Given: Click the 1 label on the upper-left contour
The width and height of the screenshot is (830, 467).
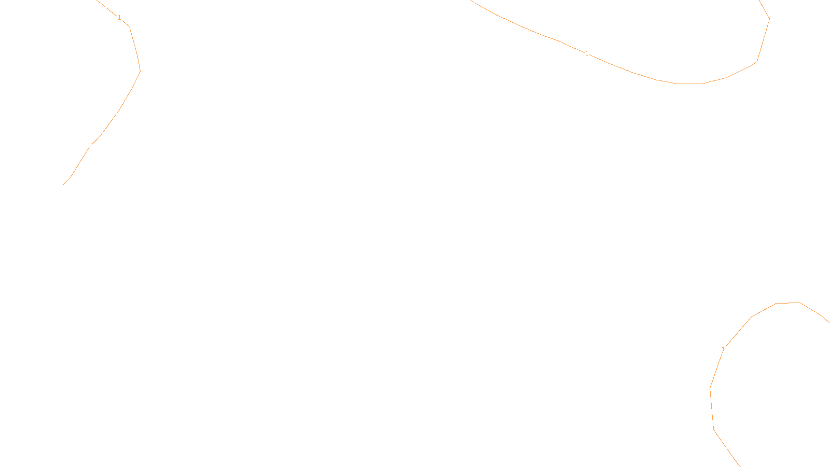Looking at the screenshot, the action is [x=119, y=18].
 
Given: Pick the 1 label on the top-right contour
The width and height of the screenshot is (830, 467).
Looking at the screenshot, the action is [x=587, y=53].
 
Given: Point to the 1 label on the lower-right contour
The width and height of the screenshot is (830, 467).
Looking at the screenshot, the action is [x=723, y=349].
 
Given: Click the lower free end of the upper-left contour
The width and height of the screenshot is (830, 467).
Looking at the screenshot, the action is [x=63, y=185].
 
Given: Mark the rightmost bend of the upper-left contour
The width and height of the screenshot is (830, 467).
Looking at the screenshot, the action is [x=140, y=71].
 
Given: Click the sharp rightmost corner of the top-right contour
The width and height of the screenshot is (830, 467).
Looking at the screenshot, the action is [x=769, y=20].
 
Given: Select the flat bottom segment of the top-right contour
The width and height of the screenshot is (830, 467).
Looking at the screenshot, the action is [x=690, y=84].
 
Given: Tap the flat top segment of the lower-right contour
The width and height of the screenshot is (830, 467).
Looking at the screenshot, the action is [x=789, y=303].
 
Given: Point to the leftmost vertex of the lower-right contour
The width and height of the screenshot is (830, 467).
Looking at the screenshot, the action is [x=710, y=389].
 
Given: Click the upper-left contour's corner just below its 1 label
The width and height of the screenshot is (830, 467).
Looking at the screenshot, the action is [x=129, y=26].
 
